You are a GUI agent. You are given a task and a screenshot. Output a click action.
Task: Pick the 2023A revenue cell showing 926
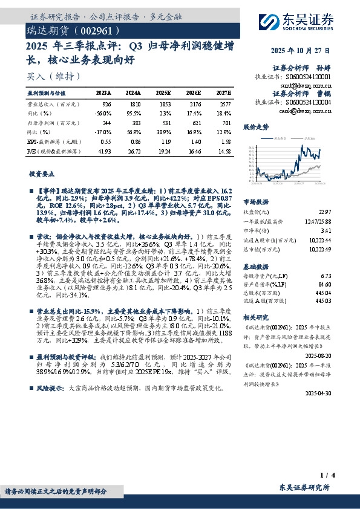point(106,105)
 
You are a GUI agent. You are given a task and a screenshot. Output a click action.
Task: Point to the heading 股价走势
point(255,128)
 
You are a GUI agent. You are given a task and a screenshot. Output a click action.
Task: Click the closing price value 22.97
point(326,211)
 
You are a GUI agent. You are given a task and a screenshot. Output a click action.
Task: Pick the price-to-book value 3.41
point(327,230)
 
